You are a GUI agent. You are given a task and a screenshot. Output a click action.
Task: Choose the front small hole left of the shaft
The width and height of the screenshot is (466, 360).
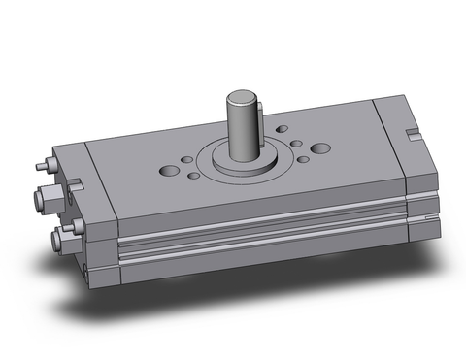click(192, 176)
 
